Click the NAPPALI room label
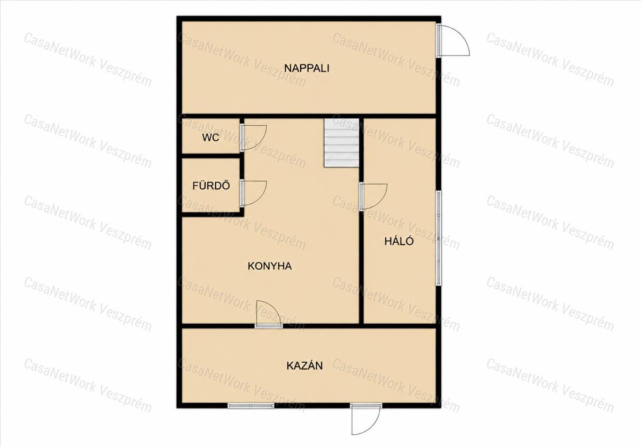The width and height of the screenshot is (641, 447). [x=307, y=68]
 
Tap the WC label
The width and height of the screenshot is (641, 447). [x=210, y=138]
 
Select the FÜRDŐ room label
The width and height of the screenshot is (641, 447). [x=211, y=186]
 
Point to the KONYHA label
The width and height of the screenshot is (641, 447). [x=270, y=266]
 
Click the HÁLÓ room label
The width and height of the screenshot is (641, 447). [x=399, y=241]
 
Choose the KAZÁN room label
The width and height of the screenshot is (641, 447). [x=304, y=366]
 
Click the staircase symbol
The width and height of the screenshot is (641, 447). [x=341, y=142]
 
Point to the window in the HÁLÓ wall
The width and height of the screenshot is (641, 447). [x=439, y=238]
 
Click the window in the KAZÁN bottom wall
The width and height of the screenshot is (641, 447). [x=251, y=405]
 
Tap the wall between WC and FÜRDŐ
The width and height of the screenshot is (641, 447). [x=210, y=156]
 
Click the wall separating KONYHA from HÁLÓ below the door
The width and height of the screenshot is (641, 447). [x=362, y=267]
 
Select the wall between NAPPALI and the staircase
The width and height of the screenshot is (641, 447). [x=341, y=116]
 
